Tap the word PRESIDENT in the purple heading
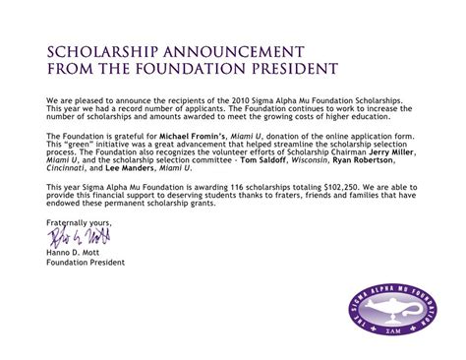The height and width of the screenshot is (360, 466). [264, 68]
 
